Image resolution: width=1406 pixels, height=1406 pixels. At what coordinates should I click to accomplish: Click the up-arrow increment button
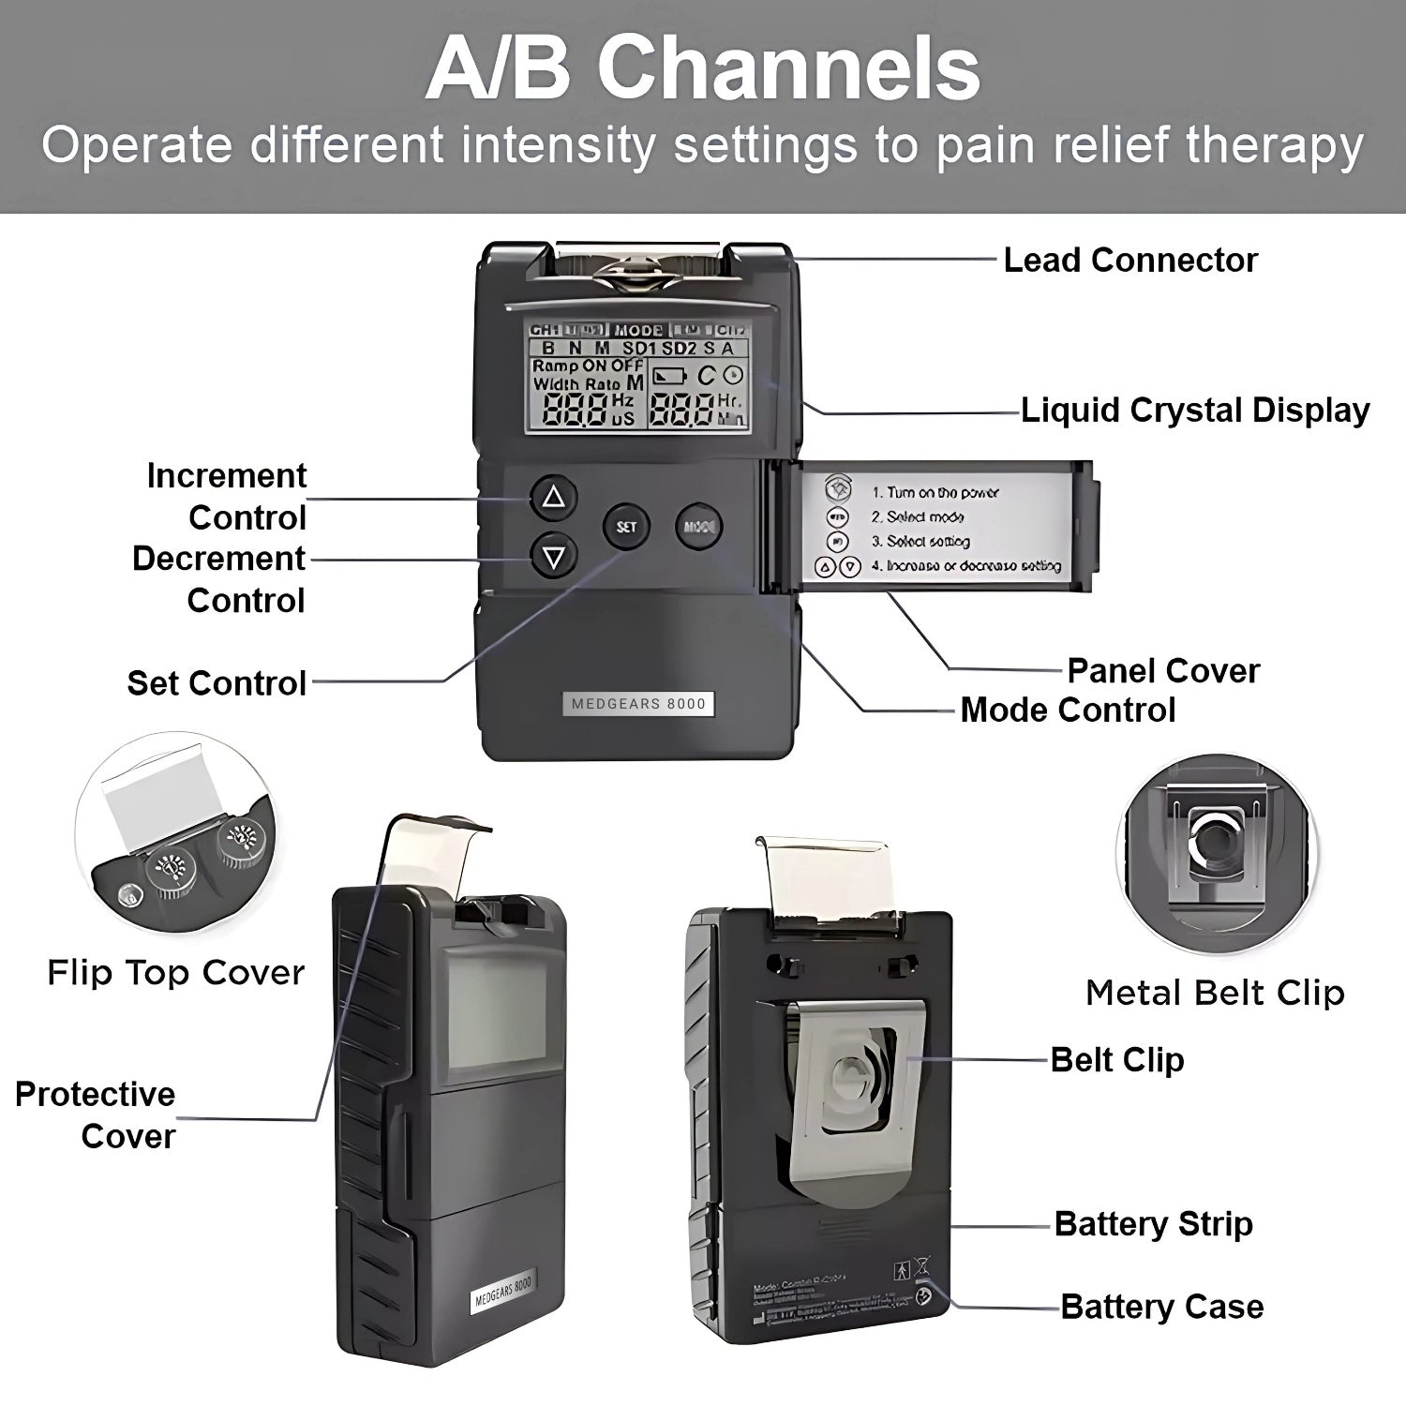coord(554,497)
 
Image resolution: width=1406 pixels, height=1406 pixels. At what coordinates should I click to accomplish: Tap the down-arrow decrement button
coord(554,558)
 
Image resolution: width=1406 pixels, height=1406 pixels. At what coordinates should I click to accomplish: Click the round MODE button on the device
coord(699,527)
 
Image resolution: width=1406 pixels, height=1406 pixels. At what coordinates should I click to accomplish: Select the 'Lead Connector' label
coord(1130,261)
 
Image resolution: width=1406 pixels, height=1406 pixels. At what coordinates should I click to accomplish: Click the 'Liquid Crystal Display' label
coord(1195,411)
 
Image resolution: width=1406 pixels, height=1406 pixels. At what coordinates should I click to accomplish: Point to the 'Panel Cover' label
coord(1163,671)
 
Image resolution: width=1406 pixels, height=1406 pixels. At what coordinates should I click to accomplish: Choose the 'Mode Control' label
coord(1068,710)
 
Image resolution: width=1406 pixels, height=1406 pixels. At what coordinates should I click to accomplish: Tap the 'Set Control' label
coord(217,683)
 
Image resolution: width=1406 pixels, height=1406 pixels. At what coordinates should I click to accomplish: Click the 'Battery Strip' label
coord(1153,1224)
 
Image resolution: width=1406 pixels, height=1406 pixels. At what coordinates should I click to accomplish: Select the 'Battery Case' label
coord(1162,1307)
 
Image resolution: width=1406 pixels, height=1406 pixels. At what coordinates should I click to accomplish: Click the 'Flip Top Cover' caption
coord(176,973)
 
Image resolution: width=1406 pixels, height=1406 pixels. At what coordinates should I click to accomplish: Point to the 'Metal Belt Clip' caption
coord(1215,993)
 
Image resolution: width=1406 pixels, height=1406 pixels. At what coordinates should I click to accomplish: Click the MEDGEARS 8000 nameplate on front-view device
coord(638,704)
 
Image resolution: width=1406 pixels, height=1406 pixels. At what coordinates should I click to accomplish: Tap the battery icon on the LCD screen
coord(669,377)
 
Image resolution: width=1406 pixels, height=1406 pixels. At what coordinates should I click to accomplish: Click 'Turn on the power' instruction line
coord(935,492)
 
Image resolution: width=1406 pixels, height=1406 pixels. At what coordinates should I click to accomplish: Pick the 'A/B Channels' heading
coord(703,68)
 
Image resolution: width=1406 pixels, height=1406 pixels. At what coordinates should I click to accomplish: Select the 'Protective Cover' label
coord(96,1115)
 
